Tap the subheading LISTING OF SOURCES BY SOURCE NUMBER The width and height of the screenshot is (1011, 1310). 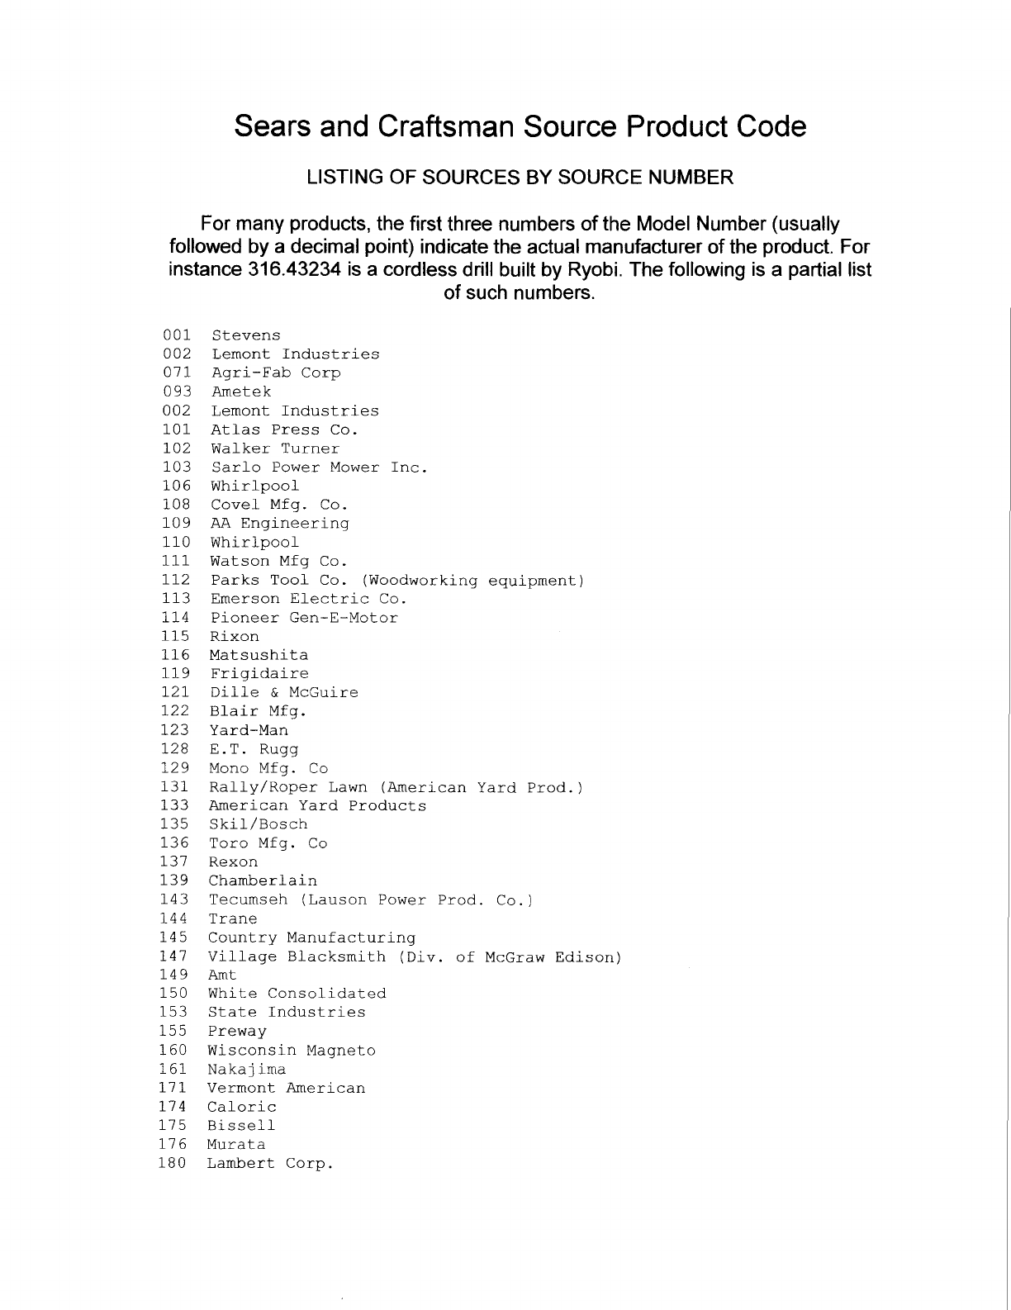tap(520, 177)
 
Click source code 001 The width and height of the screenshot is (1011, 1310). tap(177, 335)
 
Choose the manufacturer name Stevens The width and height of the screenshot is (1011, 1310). tap(246, 335)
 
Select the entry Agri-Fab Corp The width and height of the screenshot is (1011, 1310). tap(276, 373)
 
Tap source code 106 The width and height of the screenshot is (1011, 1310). tap(176, 486)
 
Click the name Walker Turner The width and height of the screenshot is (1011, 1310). tap(275, 449)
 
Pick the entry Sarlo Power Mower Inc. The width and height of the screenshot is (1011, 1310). tap(320, 468)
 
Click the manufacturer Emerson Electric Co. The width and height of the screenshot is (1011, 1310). tap(308, 599)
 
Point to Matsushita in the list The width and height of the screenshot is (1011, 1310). tap(259, 655)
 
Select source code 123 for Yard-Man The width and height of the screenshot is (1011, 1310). tap(175, 730)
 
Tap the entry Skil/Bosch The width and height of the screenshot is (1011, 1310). tap(258, 824)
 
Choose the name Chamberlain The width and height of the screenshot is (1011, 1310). tap(263, 880)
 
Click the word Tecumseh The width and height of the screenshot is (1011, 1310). tap(248, 899)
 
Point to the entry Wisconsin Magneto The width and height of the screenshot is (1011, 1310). tap(292, 1051)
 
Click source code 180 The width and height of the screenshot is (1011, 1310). tap(173, 1164)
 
